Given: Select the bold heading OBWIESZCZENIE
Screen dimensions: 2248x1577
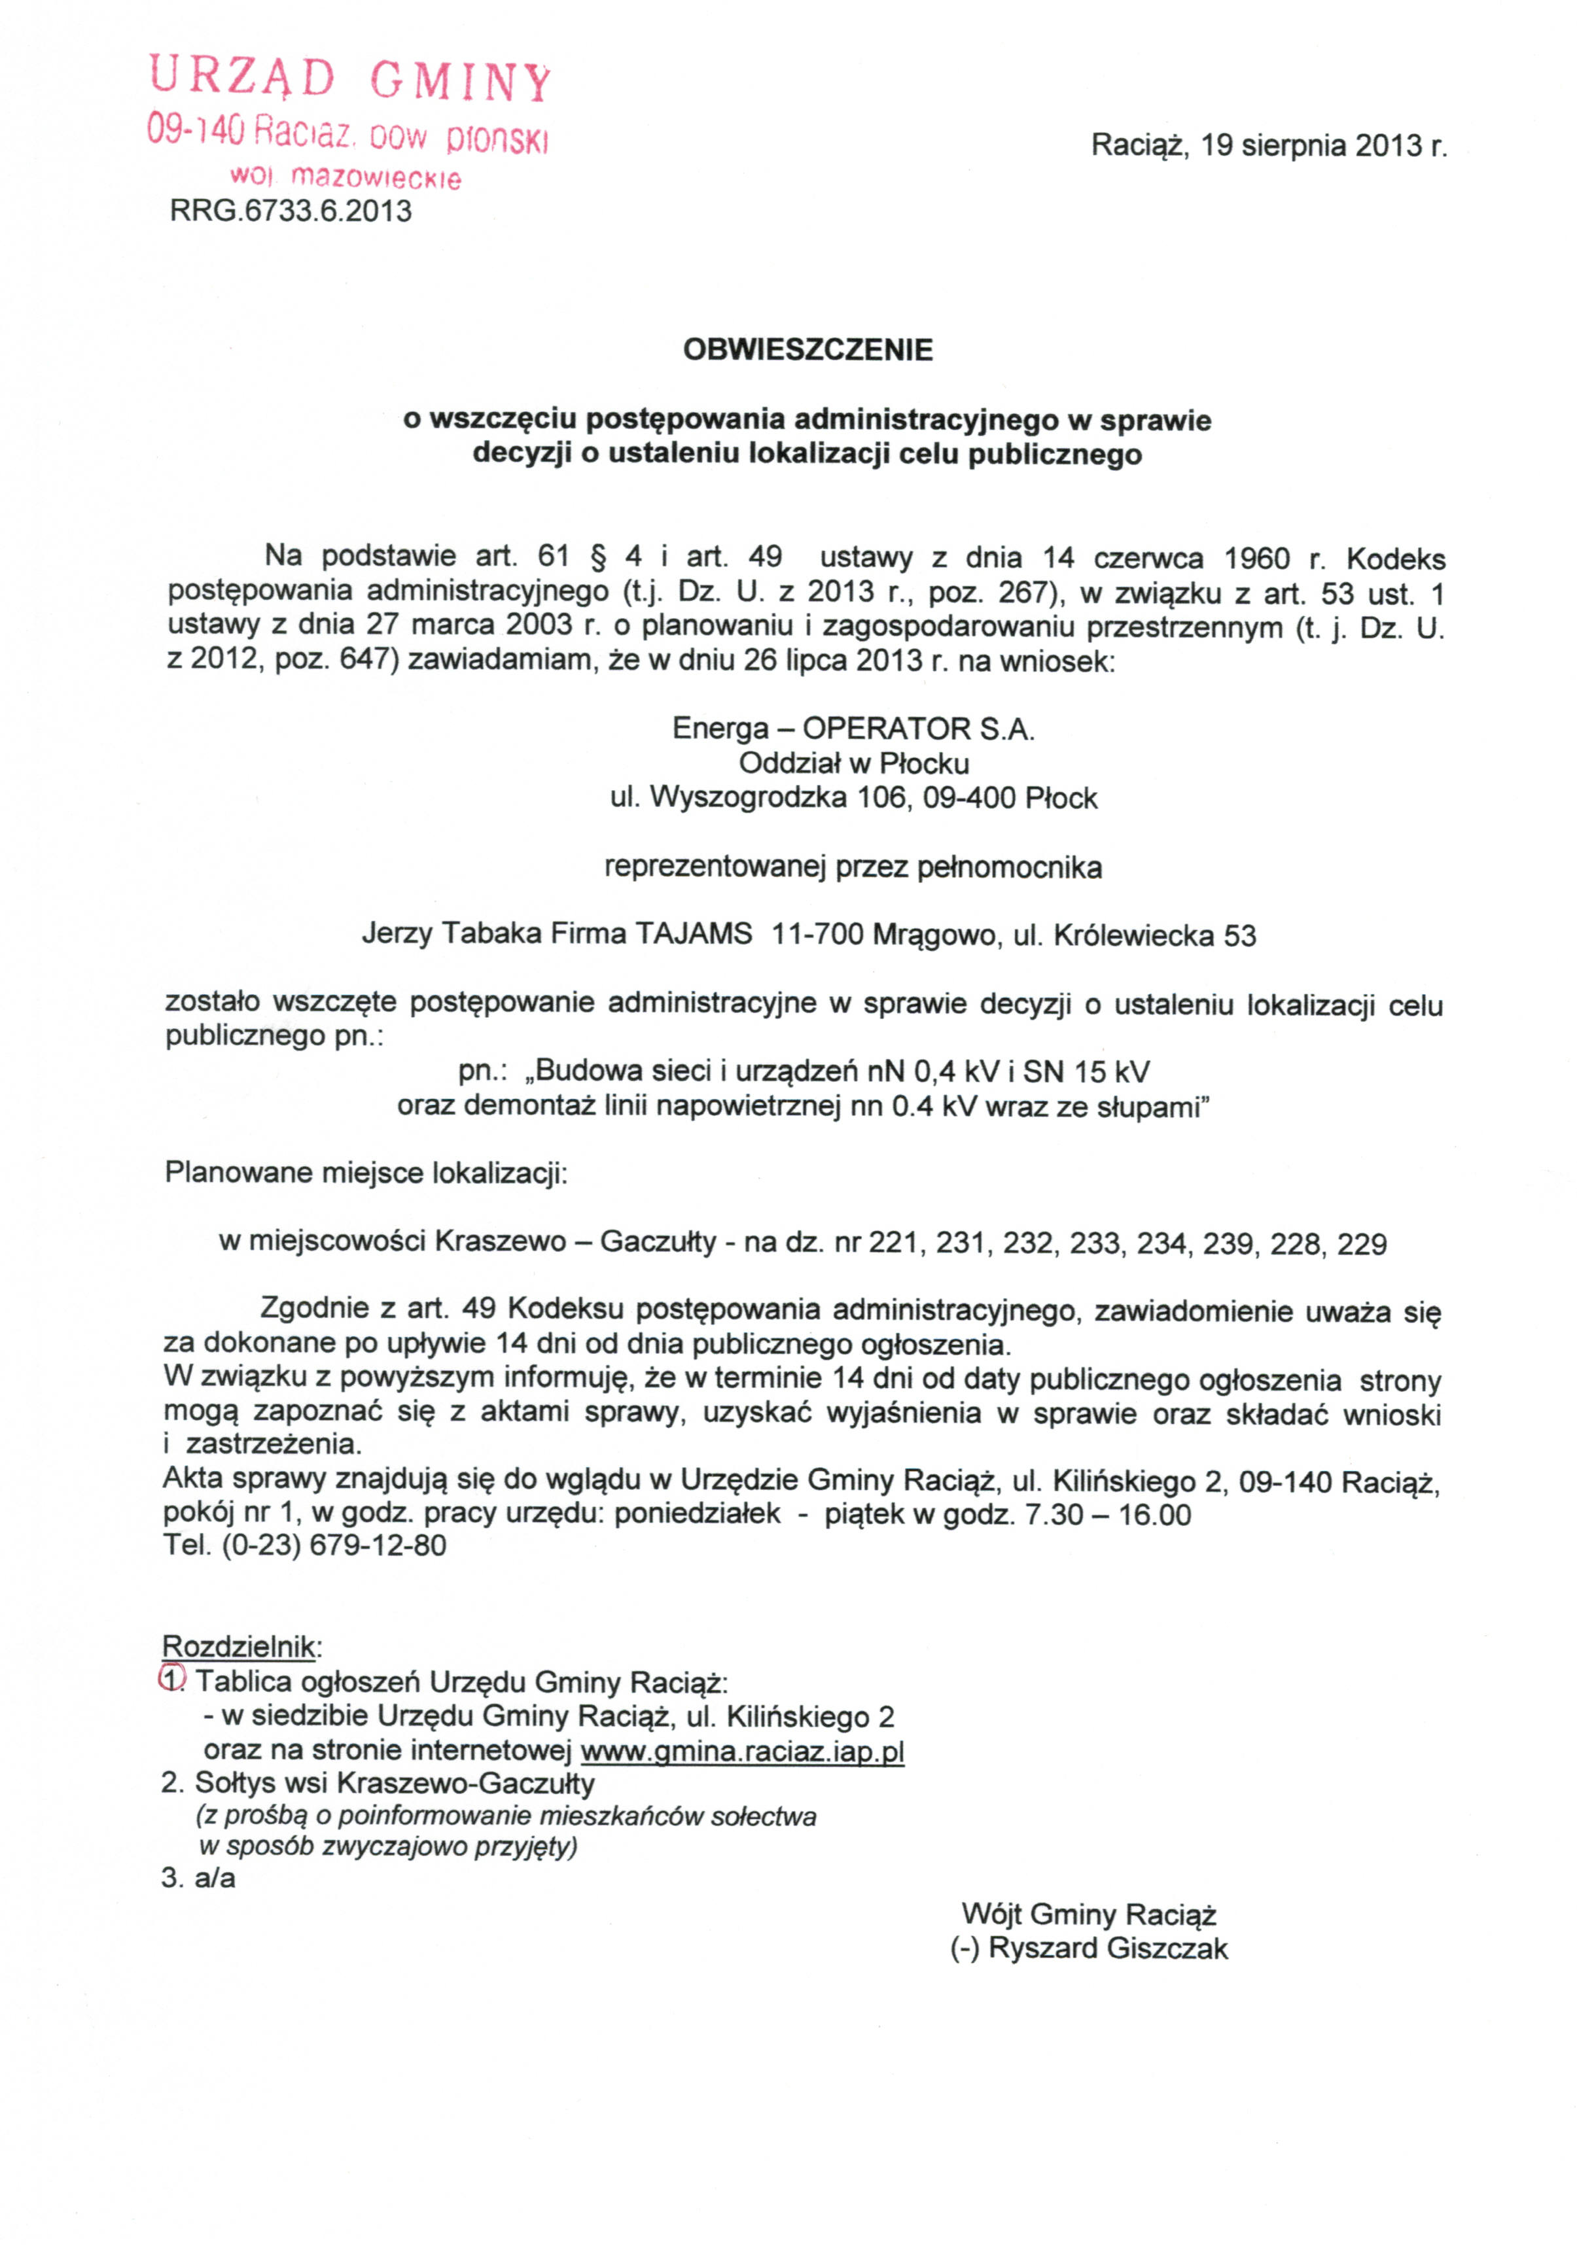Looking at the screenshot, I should (x=807, y=349).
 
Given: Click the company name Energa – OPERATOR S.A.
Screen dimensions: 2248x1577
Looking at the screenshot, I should (x=852, y=729).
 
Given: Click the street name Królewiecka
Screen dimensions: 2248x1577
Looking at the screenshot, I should (x=1133, y=935).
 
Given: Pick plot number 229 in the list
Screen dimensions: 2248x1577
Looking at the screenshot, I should (x=1360, y=1245).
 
